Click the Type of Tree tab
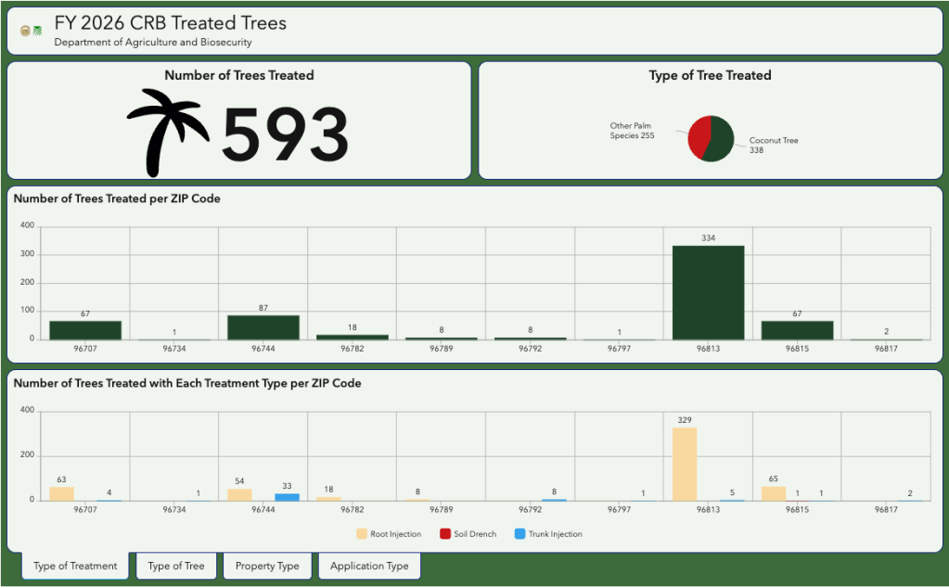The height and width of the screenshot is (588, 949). (176, 567)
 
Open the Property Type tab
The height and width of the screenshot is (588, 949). (267, 567)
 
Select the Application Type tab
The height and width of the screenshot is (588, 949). (369, 567)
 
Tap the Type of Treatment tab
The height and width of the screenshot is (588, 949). (75, 567)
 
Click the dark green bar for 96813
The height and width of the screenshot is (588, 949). (708, 293)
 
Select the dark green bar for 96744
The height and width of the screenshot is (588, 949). (263, 327)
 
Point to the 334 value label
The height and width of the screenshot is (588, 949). (708, 237)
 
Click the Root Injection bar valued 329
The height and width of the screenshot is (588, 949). (685, 464)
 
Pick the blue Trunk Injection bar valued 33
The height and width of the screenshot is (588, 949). (287, 497)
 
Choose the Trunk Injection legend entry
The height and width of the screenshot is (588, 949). (548, 534)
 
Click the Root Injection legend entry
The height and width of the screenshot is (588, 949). (389, 534)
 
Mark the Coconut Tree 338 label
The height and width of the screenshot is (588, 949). (774, 146)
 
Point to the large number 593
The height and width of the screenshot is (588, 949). (285, 134)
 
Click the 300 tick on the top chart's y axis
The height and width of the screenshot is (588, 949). (27, 254)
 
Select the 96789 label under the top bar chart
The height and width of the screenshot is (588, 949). (442, 349)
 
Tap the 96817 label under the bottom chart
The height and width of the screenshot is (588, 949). (886, 509)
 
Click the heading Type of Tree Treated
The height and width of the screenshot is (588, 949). (710, 75)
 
